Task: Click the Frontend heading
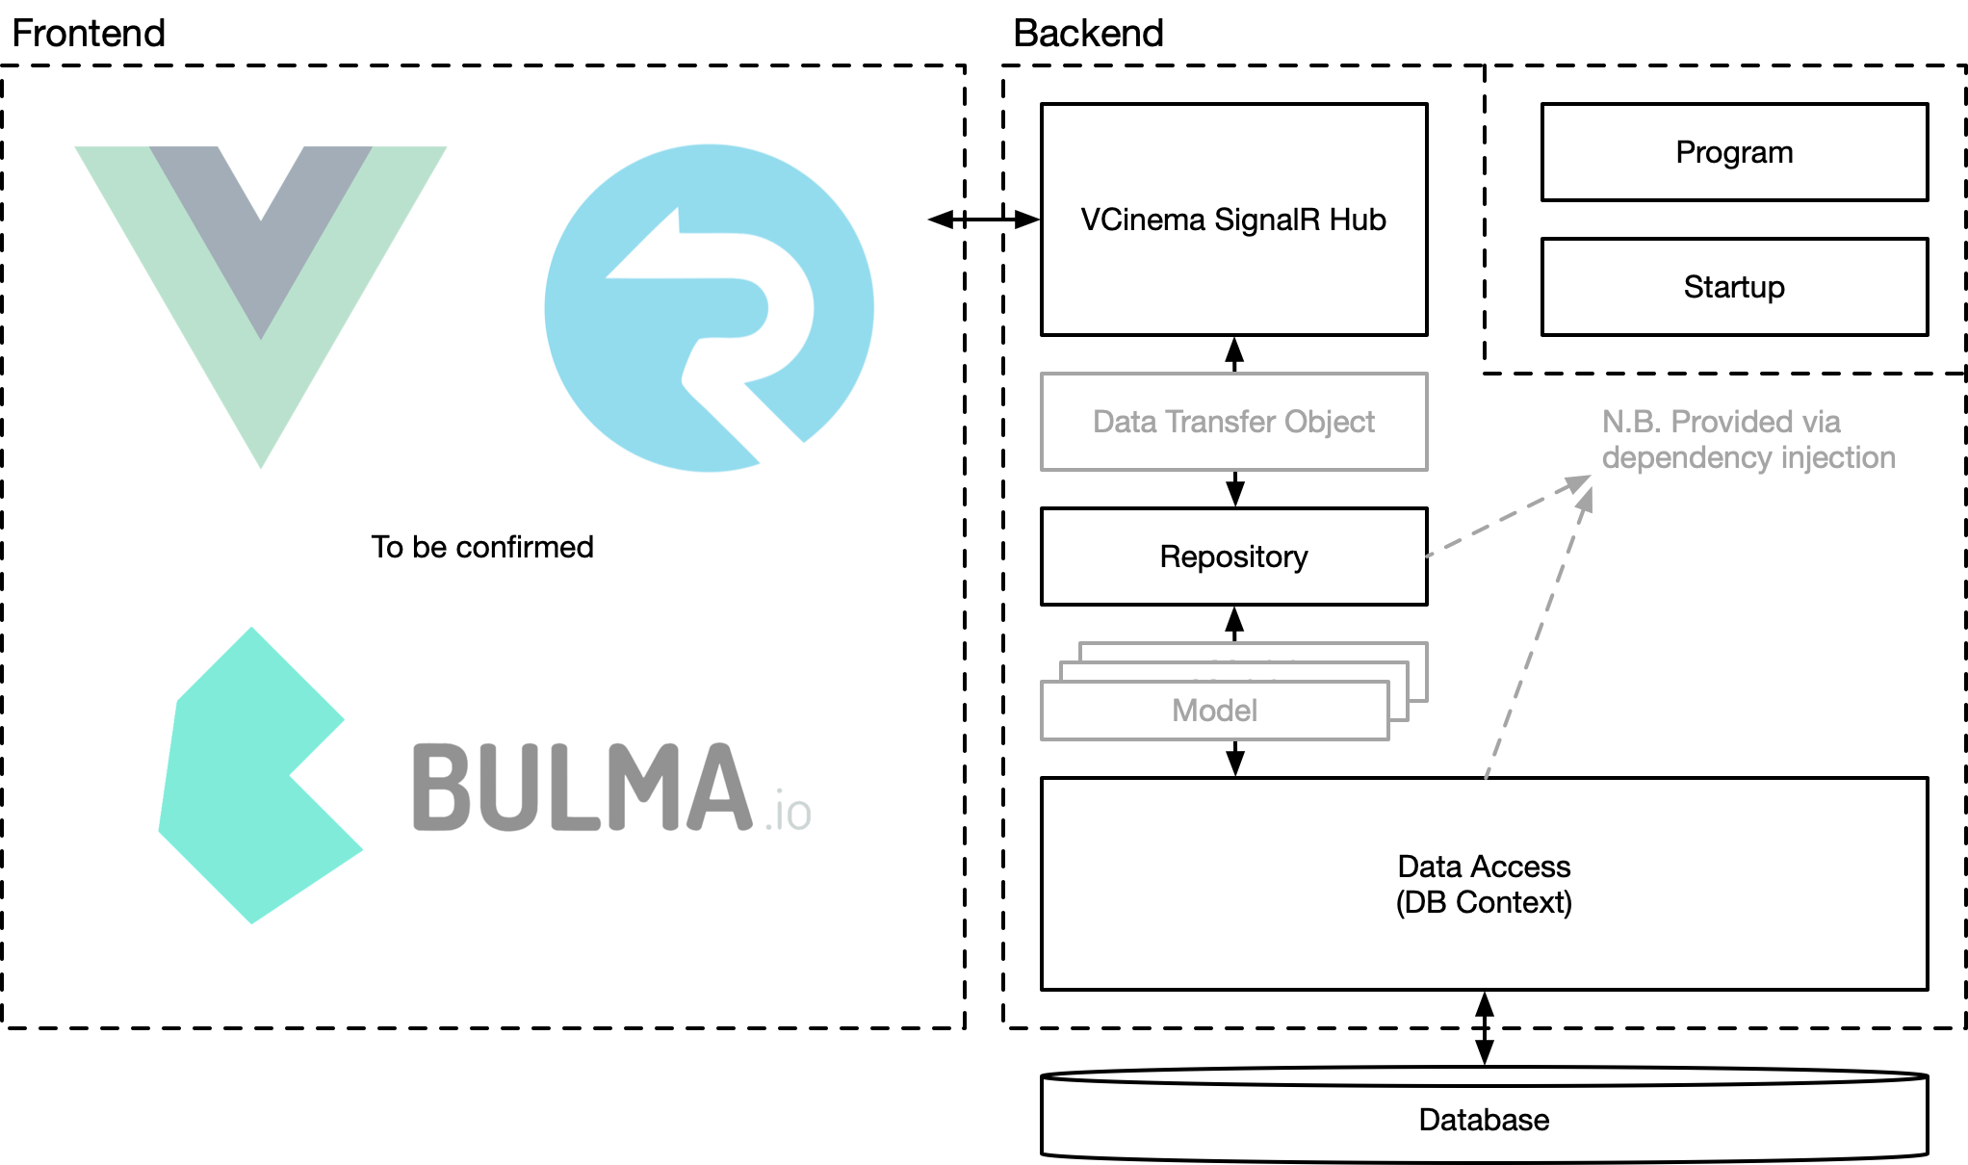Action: [89, 34]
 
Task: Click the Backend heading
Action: [1088, 34]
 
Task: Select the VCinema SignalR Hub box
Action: [1233, 220]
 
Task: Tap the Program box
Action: [1734, 152]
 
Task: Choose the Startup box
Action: [1734, 287]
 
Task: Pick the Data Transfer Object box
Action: [1233, 422]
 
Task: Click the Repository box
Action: [1233, 557]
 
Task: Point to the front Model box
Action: [1214, 711]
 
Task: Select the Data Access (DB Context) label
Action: [1484, 884]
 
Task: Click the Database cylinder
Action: [1484, 1120]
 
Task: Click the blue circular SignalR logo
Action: [709, 308]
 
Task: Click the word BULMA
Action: [582, 788]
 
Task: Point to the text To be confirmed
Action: [482, 547]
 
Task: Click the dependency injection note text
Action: [1748, 439]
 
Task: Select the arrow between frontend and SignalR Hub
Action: [984, 220]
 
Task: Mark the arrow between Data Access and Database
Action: [1485, 1028]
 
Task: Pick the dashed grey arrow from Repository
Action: [1507, 516]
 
